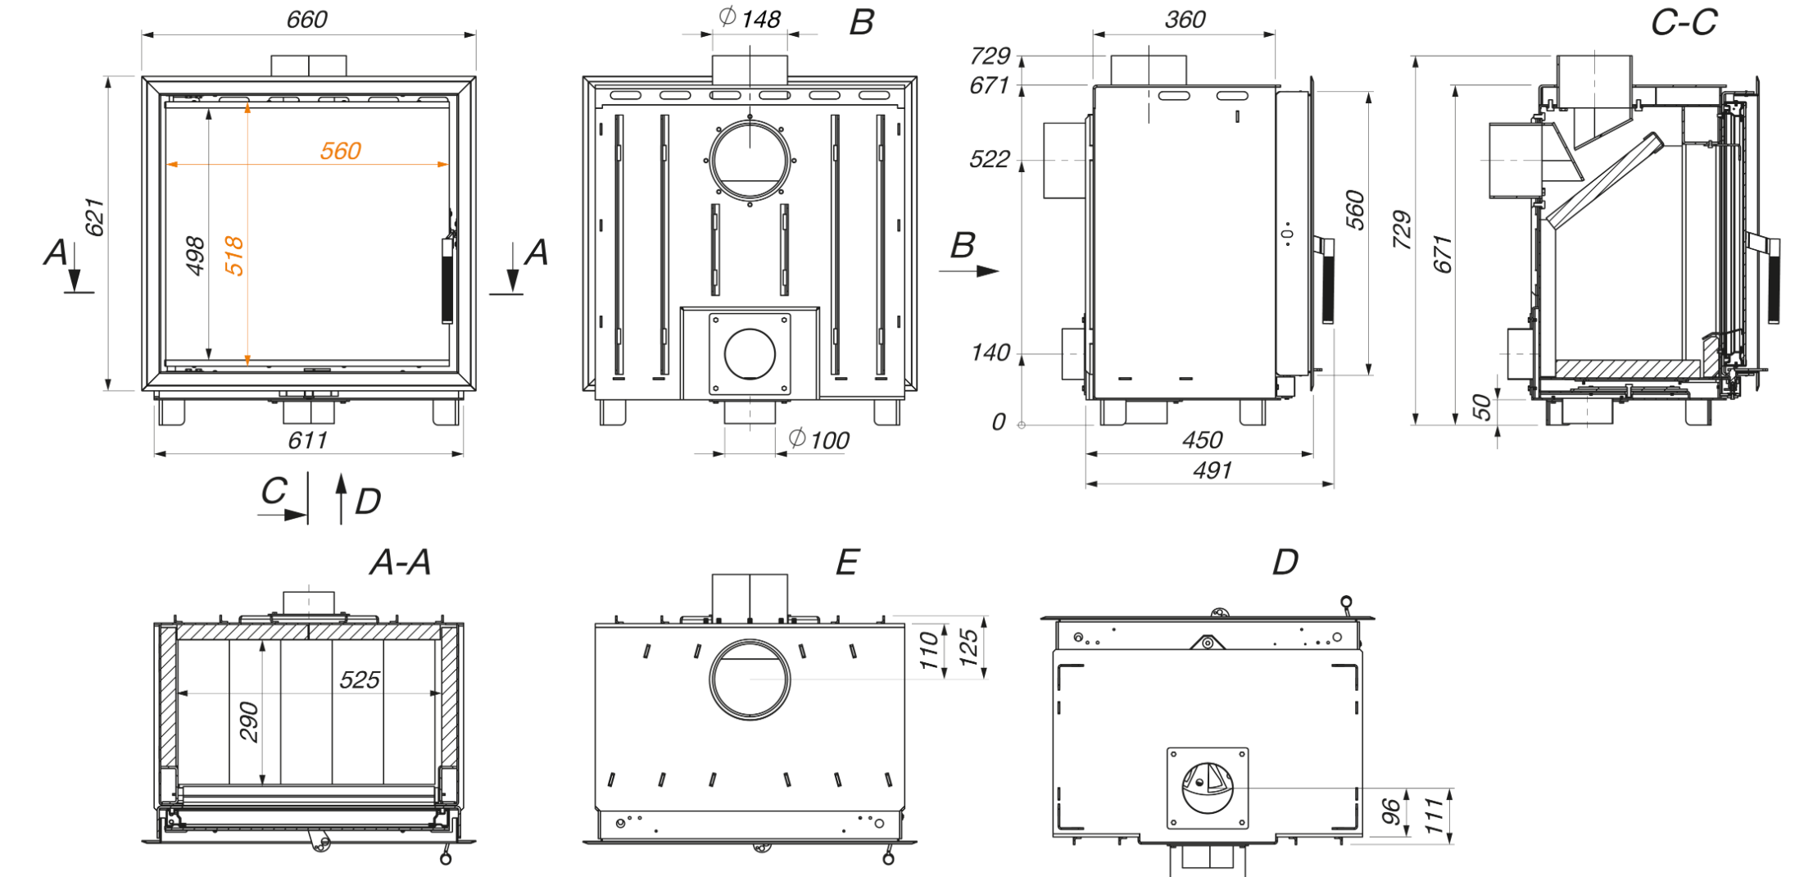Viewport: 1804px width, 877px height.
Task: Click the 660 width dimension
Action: click(x=306, y=20)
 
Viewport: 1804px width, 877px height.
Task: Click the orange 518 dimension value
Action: click(x=234, y=256)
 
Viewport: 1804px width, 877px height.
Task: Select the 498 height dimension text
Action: click(x=195, y=256)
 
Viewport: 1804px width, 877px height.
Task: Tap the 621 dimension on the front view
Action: click(x=95, y=217)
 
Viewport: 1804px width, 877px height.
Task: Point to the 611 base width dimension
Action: click(x=308, y=441)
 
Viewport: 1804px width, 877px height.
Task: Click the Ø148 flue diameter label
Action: click(x=750, y=18)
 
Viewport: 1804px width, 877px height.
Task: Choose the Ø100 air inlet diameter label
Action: click(x=819, y=440)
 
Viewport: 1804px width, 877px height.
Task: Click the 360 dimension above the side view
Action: click(x=1185, y=20)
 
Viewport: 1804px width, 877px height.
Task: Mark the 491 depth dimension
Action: click(x=1212, y=470)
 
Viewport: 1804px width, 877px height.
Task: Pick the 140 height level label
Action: click(x=990, y=353)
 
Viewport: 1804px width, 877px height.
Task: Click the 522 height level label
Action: click(x=990, y=159)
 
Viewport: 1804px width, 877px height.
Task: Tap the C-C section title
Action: click(x=1684, y=23)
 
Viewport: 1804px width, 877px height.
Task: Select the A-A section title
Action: click(x=400, y=562)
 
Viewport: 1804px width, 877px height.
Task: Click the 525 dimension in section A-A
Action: click(x=360, y=679)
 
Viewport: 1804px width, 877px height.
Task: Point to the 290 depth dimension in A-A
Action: click(x=249, y=721)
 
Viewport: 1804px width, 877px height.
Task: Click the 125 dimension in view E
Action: click(x=969, y=647)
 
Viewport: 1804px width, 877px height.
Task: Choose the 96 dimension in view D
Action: click(x=1391, y=811)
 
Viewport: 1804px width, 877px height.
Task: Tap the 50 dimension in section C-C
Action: click(x=1481, y=407)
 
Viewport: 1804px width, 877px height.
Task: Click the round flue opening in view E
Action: click(x=750, y=679)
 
